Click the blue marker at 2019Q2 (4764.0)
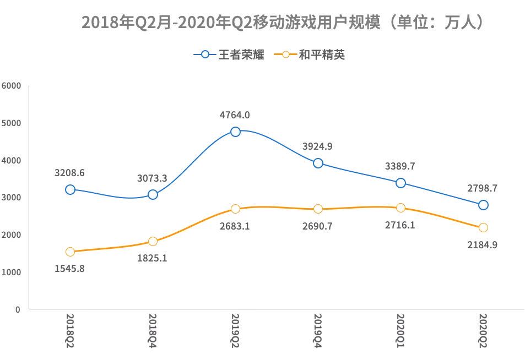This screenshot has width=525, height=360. [x=235, y=132]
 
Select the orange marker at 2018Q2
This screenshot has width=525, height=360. [x=70, y=252]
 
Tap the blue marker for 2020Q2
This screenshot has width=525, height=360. [x=483, y=205]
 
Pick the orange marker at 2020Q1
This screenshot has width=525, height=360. [x=400, y=208]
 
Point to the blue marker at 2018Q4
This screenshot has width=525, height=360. [x=153, y=194]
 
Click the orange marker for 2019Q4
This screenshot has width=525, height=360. [x=318, y=209]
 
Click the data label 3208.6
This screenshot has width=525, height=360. [x=70, y=173]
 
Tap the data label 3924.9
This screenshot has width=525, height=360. [x=318, y=146]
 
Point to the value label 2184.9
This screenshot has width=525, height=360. [x=483, y=244]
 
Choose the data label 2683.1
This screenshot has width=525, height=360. [x=235, y=226]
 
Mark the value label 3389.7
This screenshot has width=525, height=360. [x=400, y=166]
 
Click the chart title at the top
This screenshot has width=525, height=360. [x=282, y=23]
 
